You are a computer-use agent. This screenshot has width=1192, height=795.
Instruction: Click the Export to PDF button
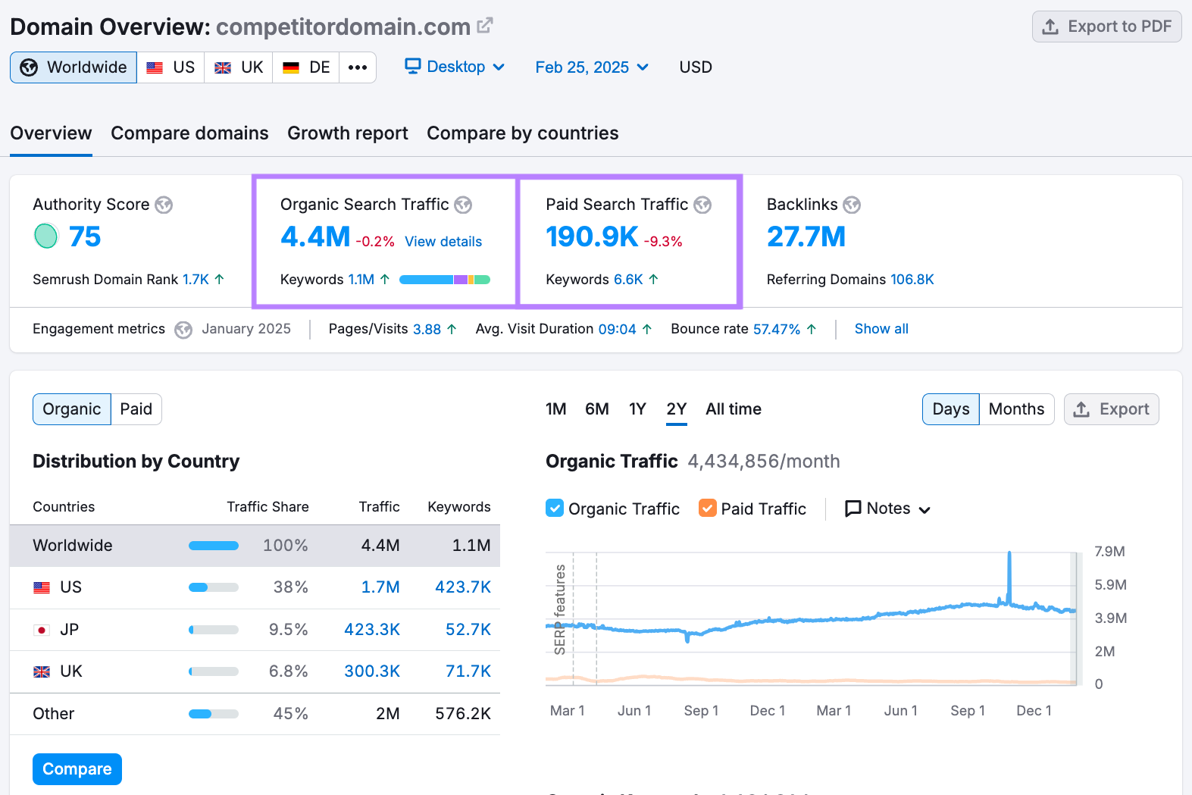tap(1106, 27)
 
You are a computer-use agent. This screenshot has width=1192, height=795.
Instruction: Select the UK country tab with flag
tap(239, 67)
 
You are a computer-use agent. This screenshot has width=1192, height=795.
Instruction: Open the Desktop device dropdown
tap(455, 67)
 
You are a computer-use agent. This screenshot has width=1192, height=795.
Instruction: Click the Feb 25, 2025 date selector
tap(591, 67)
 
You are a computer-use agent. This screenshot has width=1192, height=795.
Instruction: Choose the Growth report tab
tap(347, 133)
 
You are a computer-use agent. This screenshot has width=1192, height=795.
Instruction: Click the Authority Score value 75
tap(84, 237)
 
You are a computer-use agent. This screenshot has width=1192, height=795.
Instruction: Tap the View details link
tap(443, 242)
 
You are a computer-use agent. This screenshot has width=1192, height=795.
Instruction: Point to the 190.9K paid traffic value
tap(592, 237)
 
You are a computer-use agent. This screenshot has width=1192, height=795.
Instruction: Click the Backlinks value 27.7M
tap(806, 237)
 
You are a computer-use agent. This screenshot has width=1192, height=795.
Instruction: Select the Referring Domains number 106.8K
tap(912, 280)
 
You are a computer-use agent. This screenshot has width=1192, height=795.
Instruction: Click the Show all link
tap(881, 329)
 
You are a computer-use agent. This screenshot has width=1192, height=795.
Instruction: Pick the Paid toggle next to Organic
tap(136, 409)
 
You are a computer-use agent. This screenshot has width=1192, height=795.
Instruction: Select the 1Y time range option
tap(637, 409)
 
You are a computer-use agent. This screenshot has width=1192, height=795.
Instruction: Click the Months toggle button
tap(1016, 409)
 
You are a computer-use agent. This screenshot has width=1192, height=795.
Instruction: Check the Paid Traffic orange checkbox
tap(707, 509)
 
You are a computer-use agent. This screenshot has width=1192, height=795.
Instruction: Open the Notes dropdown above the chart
tap(887, 509)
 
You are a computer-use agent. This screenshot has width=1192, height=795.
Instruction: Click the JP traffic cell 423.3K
tap(372, 630)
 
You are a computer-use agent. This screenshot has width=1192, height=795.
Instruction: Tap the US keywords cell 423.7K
tap(462, 587)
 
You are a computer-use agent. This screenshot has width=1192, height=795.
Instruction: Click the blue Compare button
tap(77, 769)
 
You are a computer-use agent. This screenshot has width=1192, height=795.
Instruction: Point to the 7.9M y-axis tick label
tap(1109, 552)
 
